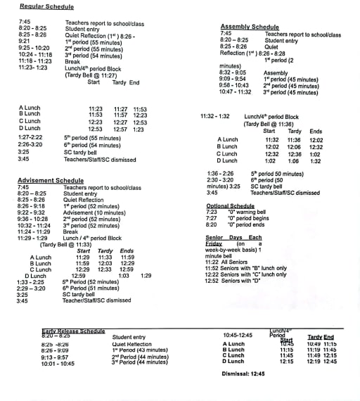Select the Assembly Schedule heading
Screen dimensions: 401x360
tap(250, 27)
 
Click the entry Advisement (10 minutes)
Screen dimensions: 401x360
tap(91, 212)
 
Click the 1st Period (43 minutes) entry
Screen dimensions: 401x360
tap(139, 350)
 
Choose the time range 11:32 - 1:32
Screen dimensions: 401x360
tap(214, 116)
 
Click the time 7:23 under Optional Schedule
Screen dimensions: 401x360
tap(212, 212)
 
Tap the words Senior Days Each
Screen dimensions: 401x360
tap(233, 237)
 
